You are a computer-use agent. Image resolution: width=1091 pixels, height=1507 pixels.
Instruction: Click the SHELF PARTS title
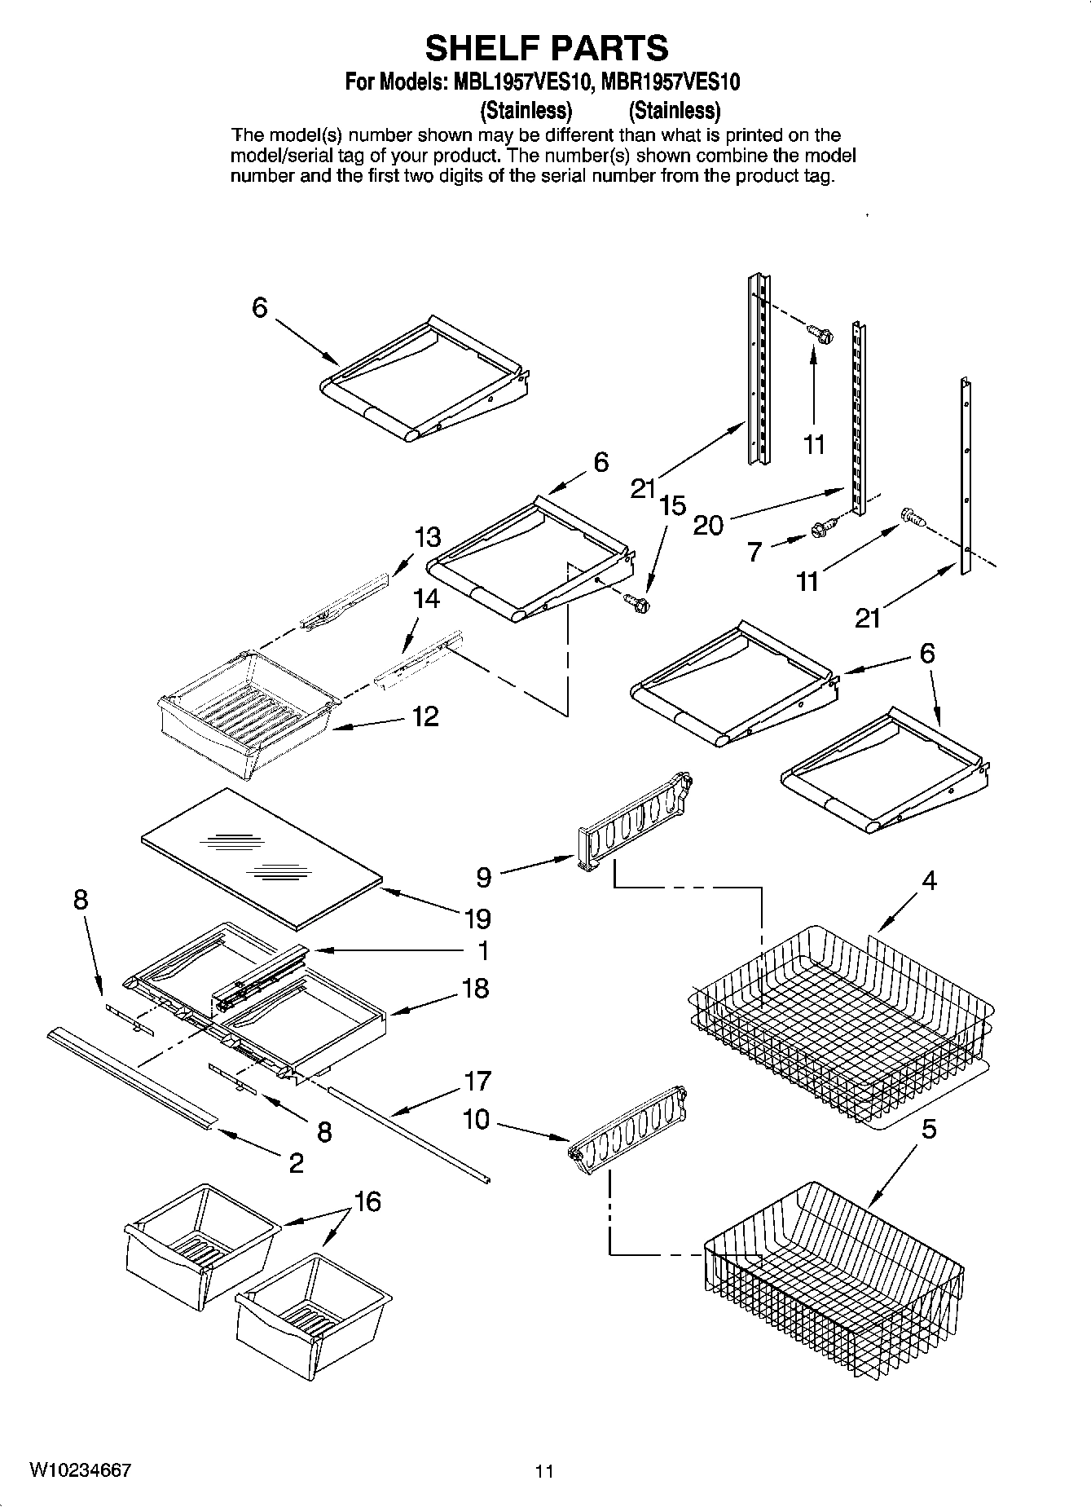(x=547, y=48)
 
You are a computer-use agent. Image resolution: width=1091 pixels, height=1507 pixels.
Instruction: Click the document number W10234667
(x=80, y=1470)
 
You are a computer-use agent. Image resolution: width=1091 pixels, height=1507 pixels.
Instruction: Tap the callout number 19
(x=477, y=919)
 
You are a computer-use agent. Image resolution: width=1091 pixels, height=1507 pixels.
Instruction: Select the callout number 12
(x=425, y=716)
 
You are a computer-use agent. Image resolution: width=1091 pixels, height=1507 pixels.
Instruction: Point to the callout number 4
(x=929, y=881)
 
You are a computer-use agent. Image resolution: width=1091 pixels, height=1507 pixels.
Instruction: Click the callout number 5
(x=929, y=1130)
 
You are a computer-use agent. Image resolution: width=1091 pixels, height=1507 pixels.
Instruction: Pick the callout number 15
(x=672, y=505)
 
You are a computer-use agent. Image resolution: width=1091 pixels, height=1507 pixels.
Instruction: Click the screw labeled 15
(x=636, y=602)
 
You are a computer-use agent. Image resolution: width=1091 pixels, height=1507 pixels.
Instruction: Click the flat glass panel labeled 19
(x=261, y=857)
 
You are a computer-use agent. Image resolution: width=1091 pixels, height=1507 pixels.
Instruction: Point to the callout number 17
(x=477, y=1082)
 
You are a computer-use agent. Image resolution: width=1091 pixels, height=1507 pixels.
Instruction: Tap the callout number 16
(x=367, y=1201)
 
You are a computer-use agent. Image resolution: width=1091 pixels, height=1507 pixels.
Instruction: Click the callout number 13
(x=427, y=537)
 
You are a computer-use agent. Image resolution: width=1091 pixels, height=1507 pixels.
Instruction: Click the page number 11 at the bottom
(x=544, y=1471)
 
